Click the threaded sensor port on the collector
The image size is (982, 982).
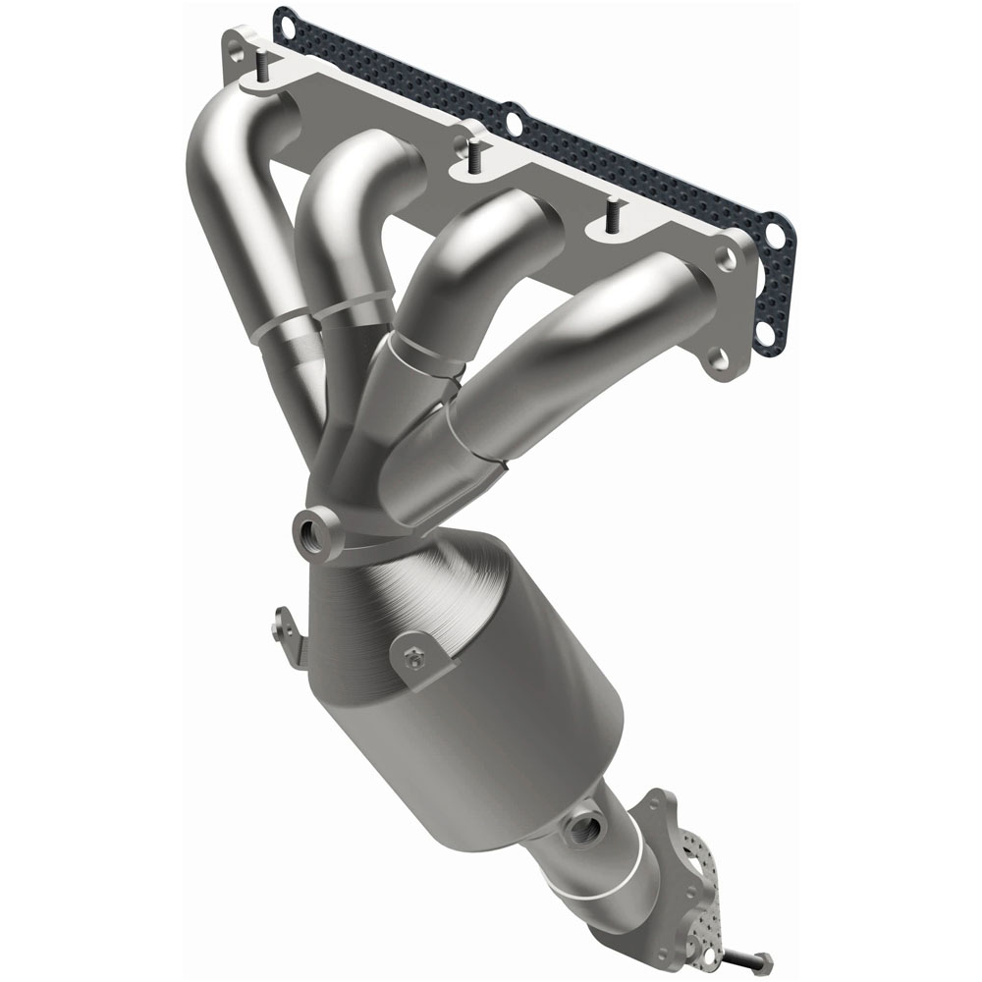[313, 531]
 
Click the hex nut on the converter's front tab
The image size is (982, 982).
[413, 661]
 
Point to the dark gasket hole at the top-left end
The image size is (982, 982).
[285, 19]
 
